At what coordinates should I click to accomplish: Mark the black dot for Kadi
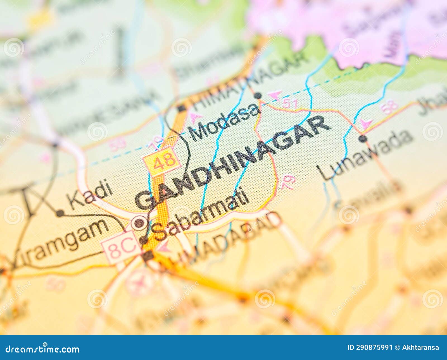(60, 213)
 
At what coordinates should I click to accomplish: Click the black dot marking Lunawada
(363, 138)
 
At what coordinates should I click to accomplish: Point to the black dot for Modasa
(258, 96)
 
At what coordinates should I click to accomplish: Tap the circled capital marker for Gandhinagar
(139, 223)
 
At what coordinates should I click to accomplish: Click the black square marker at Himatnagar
(182, 108)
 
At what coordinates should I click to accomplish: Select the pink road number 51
(290, 103)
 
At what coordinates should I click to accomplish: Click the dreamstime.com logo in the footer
(42, 349)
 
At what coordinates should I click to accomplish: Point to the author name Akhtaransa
(420, 348)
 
